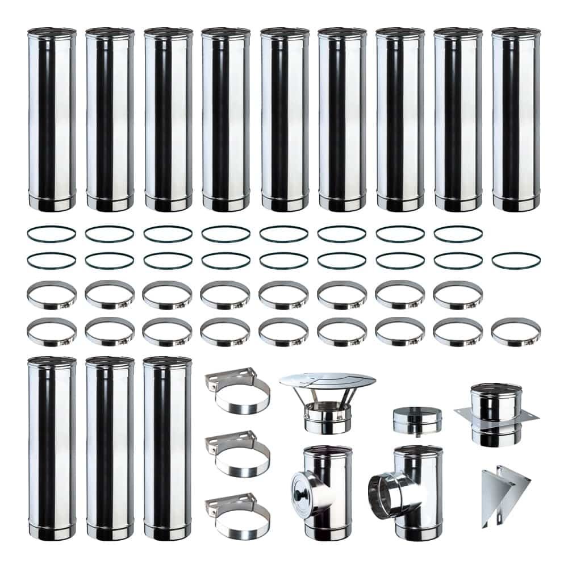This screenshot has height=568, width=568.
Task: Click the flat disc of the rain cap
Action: (x=328, y=382)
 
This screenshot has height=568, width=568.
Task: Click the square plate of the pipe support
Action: (x=496, y=417)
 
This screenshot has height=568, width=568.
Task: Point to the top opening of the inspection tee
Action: (x=328, y=450)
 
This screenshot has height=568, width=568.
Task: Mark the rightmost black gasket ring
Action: (x=516, y=261)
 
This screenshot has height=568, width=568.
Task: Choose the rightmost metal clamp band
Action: (x=516, y=332)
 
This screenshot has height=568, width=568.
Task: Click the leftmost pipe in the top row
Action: (x=52, y=119)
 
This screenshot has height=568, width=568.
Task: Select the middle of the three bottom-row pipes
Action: (x=110, y=449)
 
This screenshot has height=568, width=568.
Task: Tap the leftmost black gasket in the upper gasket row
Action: (x=52, y=233)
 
